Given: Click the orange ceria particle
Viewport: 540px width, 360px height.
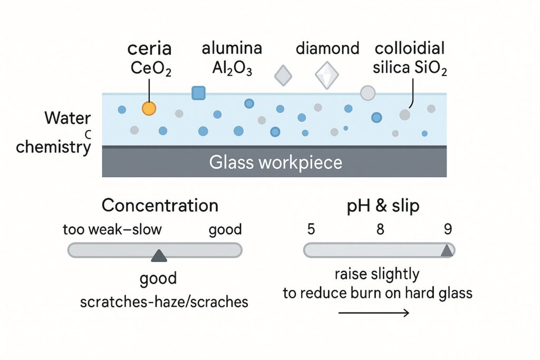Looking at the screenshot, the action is coord(149,108).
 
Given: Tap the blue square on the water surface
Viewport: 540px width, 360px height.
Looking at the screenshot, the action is coord(198,93).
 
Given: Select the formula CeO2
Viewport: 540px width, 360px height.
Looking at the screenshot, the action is coord(151,69).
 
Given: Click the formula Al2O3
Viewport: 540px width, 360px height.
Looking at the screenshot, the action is coord(232,68).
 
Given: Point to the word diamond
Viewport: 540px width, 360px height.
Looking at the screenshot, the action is coord(327,48).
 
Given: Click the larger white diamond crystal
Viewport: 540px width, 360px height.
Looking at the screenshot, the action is coord(327,75).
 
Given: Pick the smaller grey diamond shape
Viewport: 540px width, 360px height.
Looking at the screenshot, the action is coord(283,75).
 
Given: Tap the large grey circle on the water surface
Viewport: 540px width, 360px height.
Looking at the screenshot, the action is coord(368,93).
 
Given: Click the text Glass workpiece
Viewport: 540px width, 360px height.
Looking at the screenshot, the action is coord(275,162).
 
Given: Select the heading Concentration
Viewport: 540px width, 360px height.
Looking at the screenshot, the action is coord(160,206).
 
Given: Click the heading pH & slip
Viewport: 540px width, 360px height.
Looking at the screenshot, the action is coord(383,206).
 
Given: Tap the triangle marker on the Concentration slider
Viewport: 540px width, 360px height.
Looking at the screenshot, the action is coord(159,256).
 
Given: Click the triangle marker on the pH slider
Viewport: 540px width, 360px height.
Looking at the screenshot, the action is coord(447,250).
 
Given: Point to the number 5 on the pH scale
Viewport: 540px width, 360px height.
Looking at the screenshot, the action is coord(311,229).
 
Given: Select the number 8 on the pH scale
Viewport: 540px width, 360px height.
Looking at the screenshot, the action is coord(380,229).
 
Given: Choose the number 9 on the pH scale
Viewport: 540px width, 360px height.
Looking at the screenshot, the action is coord(448,229).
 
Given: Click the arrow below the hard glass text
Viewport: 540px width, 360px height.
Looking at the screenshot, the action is coord(374,313).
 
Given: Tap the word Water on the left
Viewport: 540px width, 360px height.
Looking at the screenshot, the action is coord(67,118).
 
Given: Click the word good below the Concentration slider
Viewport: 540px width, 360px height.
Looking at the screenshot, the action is coord(158,278).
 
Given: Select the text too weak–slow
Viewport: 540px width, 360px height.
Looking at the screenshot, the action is coord(112,230).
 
